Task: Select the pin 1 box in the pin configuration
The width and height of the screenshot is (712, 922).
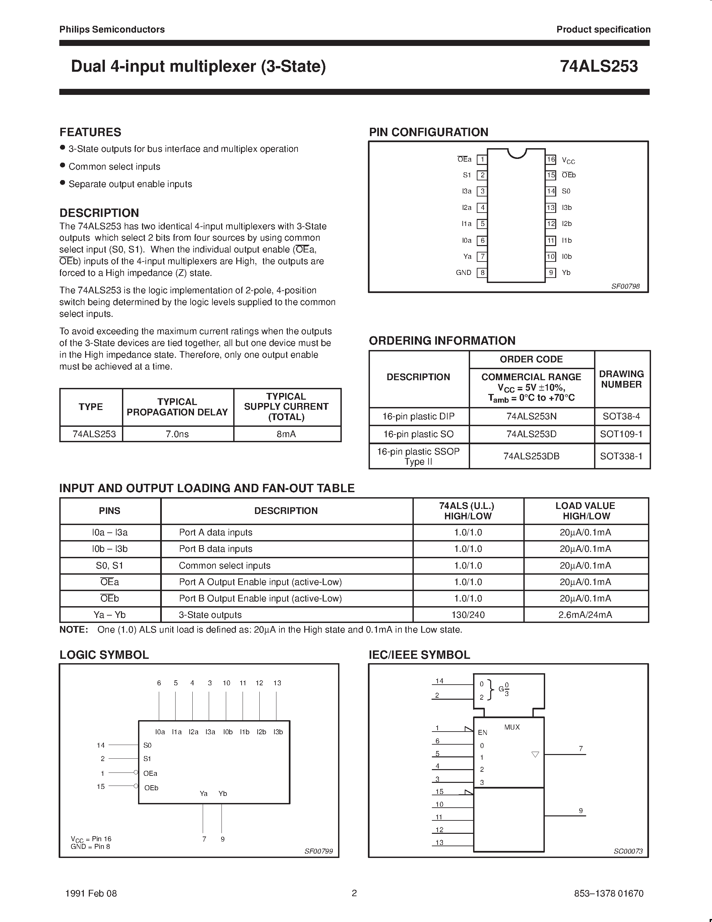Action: tap(482, 160)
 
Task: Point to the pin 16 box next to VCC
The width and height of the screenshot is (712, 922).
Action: tap(551, 160)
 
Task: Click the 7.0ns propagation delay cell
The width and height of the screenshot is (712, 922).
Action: tap(177, 434)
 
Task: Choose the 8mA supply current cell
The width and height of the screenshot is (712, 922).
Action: tap(286, 434)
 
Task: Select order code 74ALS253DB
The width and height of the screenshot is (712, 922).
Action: tap(531, 456)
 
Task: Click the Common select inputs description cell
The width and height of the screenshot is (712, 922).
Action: tap(224, 565)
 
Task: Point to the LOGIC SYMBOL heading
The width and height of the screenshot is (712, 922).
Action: tap(104, 655)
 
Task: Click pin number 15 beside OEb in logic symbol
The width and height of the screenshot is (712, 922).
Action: tap(101, 787)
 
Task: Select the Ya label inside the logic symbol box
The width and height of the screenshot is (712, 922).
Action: tap(204, 794)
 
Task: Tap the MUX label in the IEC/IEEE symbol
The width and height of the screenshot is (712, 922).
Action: tap(512, 728)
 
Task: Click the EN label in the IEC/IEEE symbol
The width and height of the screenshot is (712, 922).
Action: tap(482, 733)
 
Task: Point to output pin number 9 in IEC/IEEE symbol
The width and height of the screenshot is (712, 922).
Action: tap(581, 811)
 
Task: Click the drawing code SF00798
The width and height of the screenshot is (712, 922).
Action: tap(625, 286)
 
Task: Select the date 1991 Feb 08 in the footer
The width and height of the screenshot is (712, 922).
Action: tap(91, 893)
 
